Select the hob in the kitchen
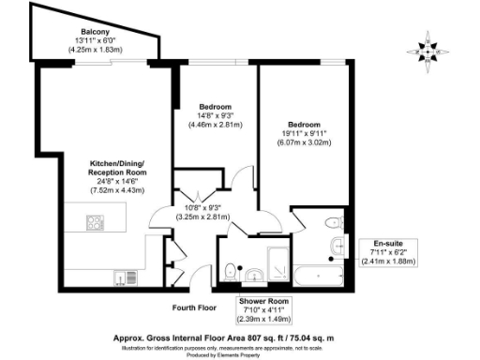(x=94, y=223)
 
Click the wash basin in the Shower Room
(x=253, y=276)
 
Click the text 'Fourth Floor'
(x=194, y=307)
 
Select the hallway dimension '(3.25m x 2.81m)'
(x=203, y=215)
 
